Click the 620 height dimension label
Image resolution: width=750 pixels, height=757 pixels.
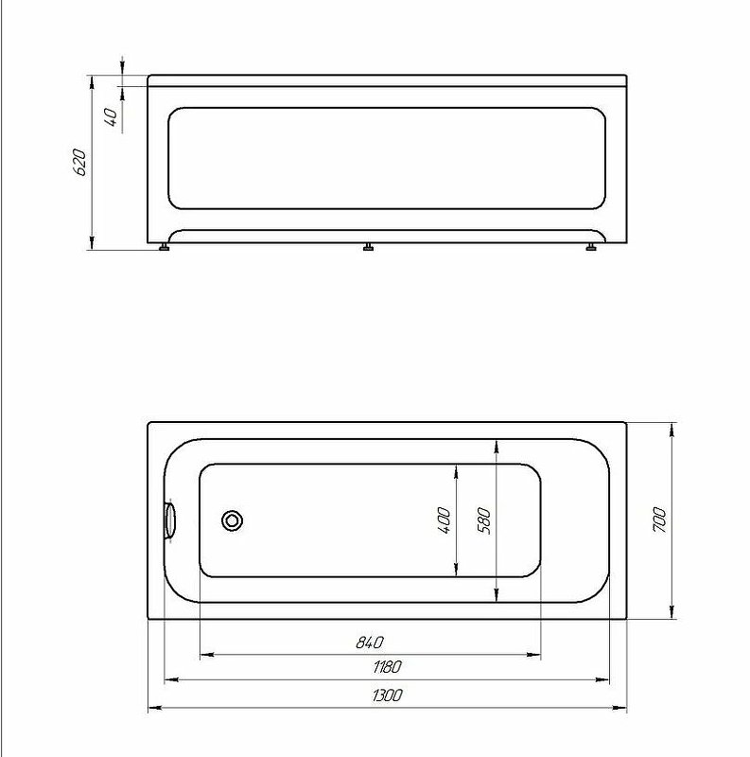click(79, 163)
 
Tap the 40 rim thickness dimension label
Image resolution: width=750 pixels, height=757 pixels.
click(111, 117)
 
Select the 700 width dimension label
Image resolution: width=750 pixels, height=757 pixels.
click(659, 519)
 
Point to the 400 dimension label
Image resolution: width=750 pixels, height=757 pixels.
click(444, 520)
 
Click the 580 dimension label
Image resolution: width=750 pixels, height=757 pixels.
click(483, 521)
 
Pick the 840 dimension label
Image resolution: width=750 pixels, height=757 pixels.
click(370, 643)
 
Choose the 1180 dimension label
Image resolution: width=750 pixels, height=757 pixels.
click(387, 667)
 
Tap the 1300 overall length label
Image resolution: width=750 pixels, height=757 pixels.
click(387, 695)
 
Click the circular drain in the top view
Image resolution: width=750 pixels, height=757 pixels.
click(232, 520)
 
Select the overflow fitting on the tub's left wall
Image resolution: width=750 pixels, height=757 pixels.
click(169, 520)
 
